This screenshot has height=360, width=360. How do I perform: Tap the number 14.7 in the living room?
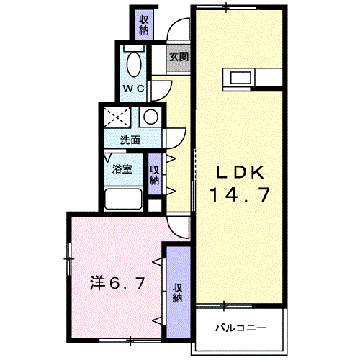tap(240, 194)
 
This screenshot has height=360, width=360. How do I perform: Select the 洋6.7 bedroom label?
tap(118, 283)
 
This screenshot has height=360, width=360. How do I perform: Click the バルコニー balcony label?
tap(240, 328)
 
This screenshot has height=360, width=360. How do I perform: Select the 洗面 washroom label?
tap(130, 140)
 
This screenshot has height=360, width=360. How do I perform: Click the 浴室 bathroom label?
tap(122, 170)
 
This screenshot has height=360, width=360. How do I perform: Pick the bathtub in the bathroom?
tap(125, 199)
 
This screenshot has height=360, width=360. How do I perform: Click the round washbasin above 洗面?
tap(150, 116)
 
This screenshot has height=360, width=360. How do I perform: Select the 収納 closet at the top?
tap(143, 24)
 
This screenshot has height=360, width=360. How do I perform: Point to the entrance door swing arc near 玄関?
tap(177, 32)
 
